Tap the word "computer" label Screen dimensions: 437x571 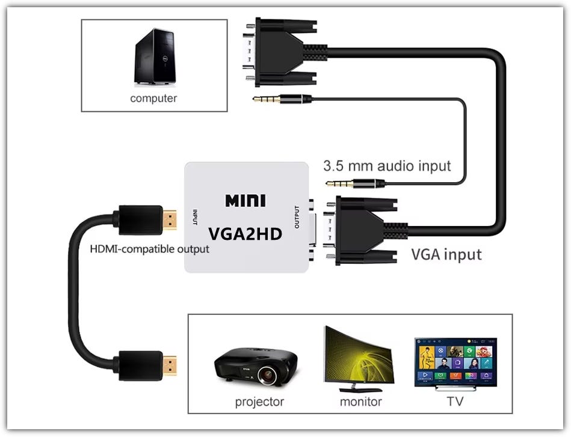[x=153, y=98]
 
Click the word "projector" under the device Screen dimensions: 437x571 [x=259, y=402]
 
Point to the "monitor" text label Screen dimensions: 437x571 [x=361, y=402]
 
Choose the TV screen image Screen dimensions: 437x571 [x=455, y=362]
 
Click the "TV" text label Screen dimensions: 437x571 [x=455, y=402]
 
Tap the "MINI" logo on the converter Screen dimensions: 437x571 [x=245, y=201]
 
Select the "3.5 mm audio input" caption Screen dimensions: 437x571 [x=387, y=165]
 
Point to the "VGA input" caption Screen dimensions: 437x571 [x=446, y=254]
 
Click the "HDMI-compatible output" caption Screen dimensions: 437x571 [x=149, y=248]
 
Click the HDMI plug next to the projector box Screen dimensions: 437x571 [x=148, y=364]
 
